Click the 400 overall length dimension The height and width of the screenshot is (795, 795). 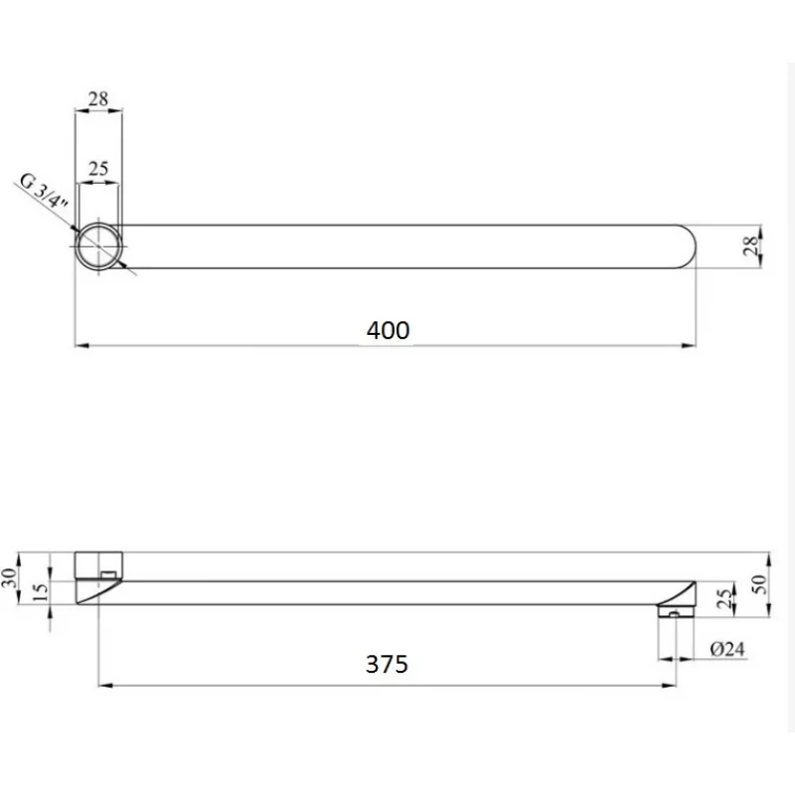point(388,330)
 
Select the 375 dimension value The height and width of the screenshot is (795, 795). point(387,665)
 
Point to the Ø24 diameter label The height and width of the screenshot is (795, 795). point(729,650)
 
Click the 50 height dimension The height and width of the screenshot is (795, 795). point(762,583)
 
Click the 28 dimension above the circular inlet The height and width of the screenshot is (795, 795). point(98,98)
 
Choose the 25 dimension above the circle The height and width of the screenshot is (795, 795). point(98,169)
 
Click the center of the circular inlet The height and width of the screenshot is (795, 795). point(99,245)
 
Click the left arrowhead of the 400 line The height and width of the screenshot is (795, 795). point(81,346)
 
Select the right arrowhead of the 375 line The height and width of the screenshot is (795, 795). point(672,684)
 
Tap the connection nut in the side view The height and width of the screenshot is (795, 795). point(98,565)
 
